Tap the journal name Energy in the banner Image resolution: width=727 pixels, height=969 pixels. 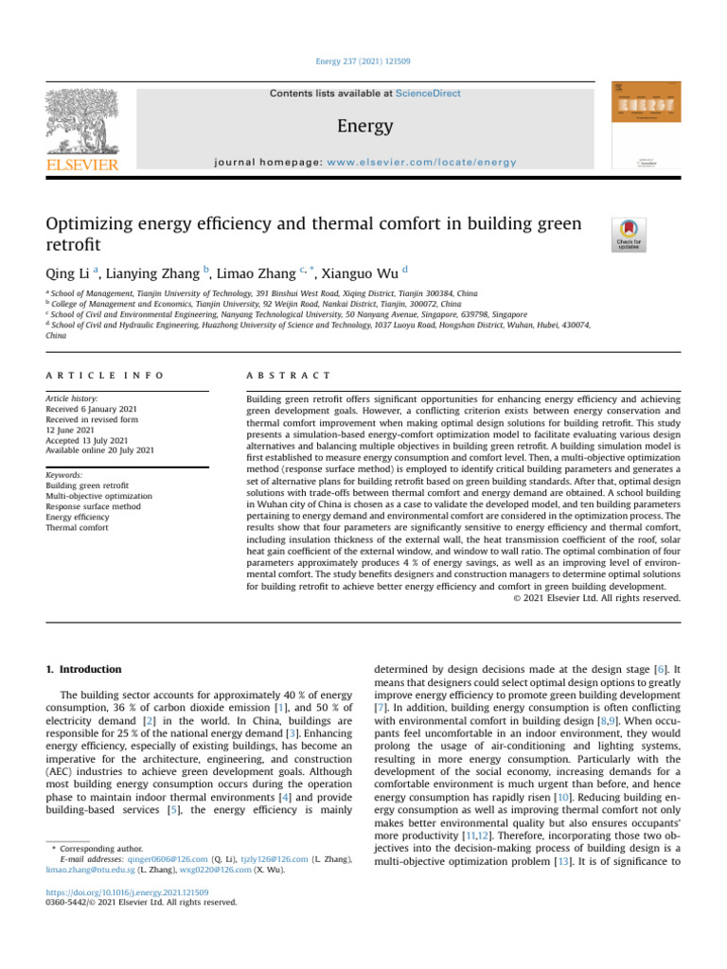tap(363, 126)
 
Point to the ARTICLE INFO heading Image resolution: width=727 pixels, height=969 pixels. tap(105, 376)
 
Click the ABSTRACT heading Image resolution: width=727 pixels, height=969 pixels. tap(289, 376)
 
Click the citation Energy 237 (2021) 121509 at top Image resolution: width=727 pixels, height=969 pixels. tap(363, 62)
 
